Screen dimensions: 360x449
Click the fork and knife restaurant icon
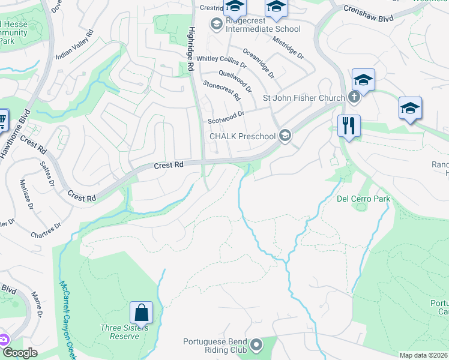349,126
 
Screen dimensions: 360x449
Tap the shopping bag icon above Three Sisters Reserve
141,313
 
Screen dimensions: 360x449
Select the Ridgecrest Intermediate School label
262,29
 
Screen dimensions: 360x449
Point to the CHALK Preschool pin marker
285,136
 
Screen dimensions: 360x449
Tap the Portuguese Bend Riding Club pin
257,344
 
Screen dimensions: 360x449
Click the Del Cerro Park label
363,199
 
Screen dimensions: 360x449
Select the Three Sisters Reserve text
120,332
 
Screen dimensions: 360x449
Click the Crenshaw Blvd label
368,14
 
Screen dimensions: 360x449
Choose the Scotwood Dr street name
226,117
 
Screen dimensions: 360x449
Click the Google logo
20,353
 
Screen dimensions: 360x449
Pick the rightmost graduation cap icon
410,108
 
